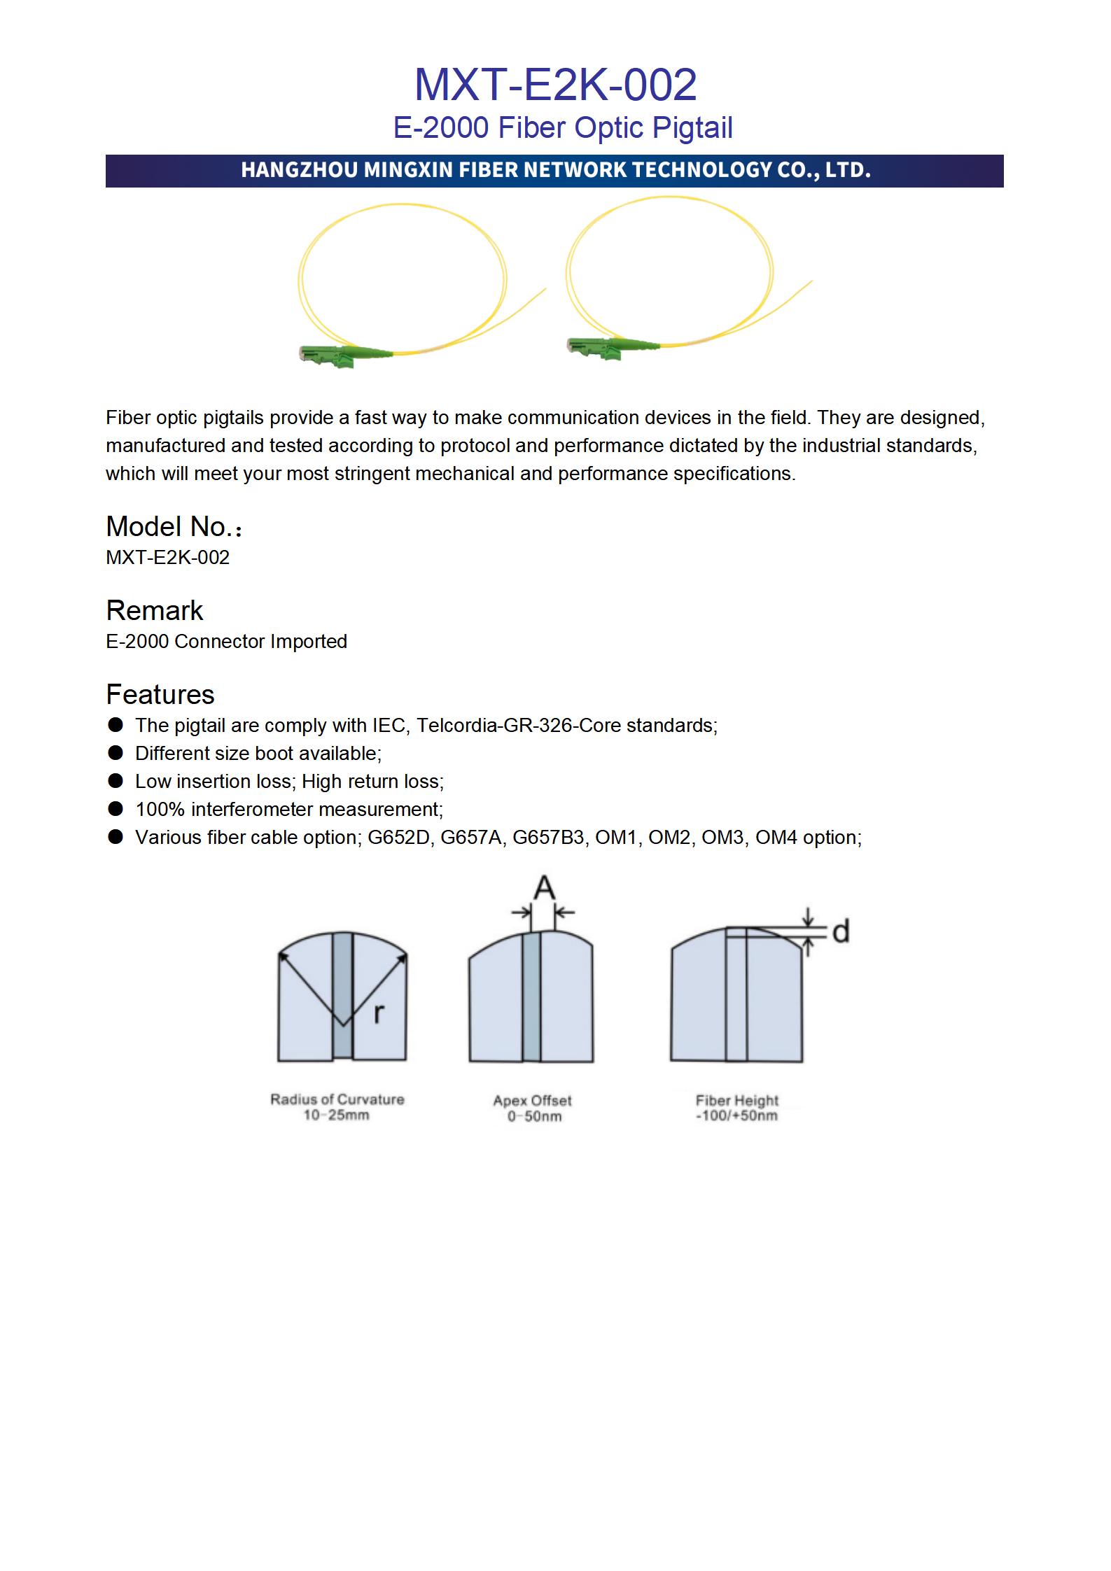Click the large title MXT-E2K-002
tap(555, 85)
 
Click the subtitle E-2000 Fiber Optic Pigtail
tap(563, 128)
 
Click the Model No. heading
tap(174, 527)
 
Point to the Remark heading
tap(154, 611)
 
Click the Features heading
tap(160, 695)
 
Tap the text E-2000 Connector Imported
tap(226, 642)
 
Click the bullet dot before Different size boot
tap(116, 753)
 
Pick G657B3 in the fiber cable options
tap(549, 838)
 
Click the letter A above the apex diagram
tap(544, 889)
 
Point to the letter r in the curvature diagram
tap(379, 1013)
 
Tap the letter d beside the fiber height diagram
tap(841, 931)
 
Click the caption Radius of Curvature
tap(337, 1099)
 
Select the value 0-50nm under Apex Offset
tap(534, 1117)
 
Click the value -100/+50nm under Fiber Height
tap(736, 1116)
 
